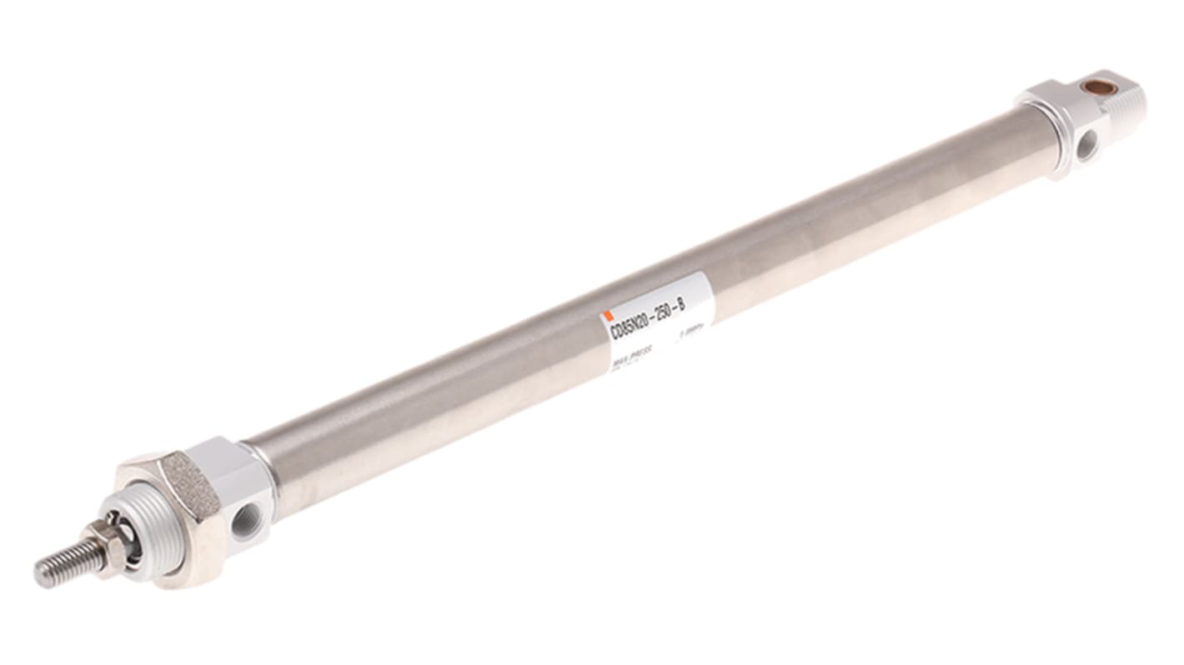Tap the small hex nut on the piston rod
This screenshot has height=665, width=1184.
click(108, 537)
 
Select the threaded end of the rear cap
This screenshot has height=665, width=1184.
click(1131, 104)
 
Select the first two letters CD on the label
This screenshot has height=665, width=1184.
click(615, 331)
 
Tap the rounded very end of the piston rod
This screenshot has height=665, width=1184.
click(38, 574)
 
